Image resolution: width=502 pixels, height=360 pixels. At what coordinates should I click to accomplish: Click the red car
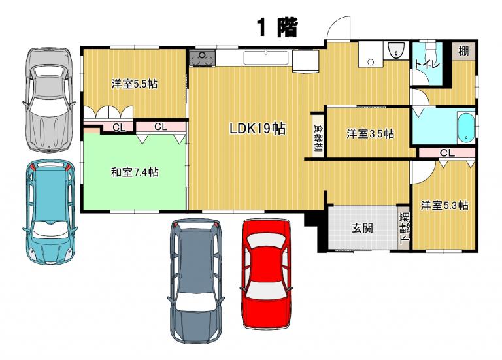pos(265,274)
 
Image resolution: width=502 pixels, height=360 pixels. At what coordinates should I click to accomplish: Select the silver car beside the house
pos(49,99)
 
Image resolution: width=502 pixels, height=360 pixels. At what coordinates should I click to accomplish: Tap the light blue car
pos(50,212)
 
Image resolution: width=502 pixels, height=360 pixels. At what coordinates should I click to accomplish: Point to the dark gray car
pos(195,281)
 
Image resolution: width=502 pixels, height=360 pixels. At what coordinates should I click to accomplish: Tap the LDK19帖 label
pos(258,128)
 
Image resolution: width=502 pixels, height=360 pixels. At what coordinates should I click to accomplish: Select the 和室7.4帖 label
pos(135,172)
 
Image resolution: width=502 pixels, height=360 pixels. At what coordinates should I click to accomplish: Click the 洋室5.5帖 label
pos(135,84)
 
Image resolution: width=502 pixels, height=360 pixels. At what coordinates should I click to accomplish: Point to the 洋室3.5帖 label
pos(371,133)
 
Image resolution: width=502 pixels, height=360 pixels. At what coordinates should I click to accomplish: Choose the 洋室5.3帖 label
pos(444,205)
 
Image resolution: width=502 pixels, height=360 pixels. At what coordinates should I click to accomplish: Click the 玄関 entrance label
pos(362,228)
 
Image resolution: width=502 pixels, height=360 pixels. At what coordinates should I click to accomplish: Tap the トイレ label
pos(427,64)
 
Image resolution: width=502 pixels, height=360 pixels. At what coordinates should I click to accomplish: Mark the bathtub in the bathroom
pos(466,127)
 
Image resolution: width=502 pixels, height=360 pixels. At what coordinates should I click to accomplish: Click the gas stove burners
pos(203,58)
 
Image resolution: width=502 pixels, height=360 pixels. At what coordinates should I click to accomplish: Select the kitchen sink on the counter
pos(266,58)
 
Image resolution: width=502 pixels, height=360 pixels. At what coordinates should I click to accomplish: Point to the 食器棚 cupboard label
pos(318,138)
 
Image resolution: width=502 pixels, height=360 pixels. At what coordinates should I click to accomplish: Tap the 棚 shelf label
pos(463,50)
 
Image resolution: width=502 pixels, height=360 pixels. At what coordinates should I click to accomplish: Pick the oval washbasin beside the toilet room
pos(396,50)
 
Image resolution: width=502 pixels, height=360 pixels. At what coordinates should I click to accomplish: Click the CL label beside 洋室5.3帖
pos(447,153)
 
